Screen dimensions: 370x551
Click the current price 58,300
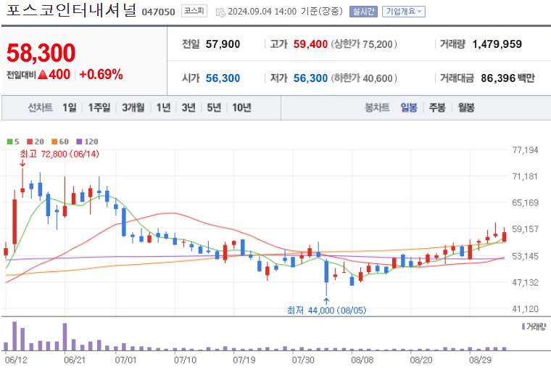click(x=41, y=53)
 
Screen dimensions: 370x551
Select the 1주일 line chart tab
click(x=99, y=107)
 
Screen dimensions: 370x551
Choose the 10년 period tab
click(x=241, y=107)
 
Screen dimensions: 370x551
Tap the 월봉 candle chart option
click(x=465, y=107)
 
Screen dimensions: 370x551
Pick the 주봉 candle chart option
click(x=437, y=107)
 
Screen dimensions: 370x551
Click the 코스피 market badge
click(x=194, y=12)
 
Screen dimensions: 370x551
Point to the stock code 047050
click(x=158, y=12)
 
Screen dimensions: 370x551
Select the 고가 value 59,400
click(x=310, y=44)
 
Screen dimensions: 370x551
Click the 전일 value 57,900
click(x=223, y=44)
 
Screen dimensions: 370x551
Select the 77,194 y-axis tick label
click(x=524, y=150)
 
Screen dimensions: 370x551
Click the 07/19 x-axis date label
click(x=244, y=359)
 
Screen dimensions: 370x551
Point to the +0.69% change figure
click(x=101, y=74)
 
